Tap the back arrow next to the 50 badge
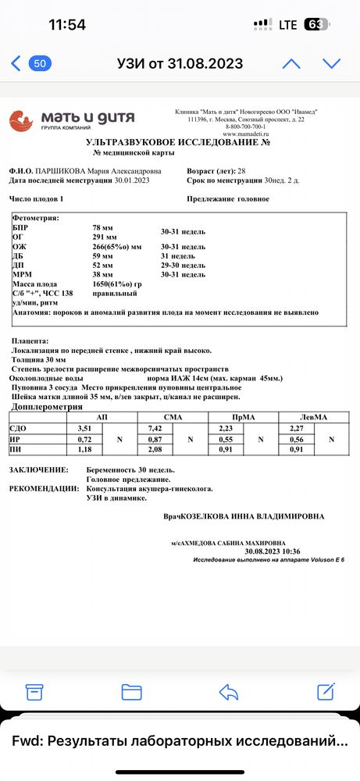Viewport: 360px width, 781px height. (x=16, y=63)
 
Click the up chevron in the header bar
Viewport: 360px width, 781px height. (x=291, y=63)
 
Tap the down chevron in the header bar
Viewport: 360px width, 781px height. (x=333, y=63)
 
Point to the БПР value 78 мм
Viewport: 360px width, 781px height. (x=102, y=226)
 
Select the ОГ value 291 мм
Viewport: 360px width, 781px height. (x=105, y=237)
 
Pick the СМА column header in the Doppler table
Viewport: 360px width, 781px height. (x=173, y=417)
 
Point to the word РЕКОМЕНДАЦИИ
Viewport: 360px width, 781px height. (x=44, y=488)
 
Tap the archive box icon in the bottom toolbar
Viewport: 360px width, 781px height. (x=34, y=691)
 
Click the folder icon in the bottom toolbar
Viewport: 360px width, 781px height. (x=131, y=691)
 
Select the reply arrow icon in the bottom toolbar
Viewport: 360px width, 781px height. (x=228, y=691)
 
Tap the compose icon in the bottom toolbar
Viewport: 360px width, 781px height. (x=326, y=691)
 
